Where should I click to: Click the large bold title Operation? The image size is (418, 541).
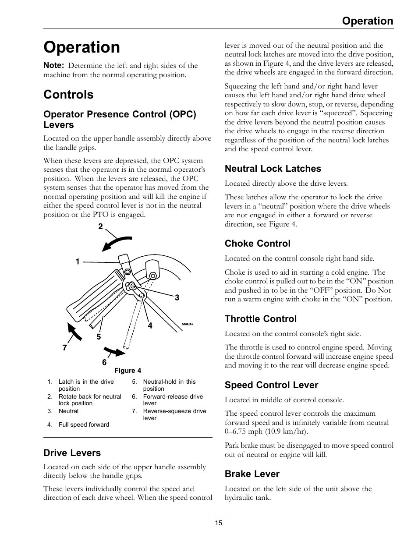point(81,47)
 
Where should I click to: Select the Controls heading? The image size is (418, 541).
point(68,95)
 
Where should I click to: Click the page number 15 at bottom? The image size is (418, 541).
point(219,523)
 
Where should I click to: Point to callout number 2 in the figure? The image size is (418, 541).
point(100,226)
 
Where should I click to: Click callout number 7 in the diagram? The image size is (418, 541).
point(64,348)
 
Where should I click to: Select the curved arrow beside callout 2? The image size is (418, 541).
point(117,242)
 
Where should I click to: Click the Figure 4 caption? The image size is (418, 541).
point(128,371)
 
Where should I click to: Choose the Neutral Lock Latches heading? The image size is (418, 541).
point(273,169)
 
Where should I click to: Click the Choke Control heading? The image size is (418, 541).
point(257,244)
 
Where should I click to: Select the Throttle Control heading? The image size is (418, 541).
point(260,319)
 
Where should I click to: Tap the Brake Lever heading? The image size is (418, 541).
point(252,474)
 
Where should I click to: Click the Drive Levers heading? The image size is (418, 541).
point(72,453)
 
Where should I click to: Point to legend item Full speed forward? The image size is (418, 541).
point(84,424)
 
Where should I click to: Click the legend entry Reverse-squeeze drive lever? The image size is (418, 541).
point(174,414)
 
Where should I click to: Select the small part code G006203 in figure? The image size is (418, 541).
point(187,325)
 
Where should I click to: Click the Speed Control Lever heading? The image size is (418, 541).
point(271,385)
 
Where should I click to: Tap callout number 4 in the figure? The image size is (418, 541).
point(150,325)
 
